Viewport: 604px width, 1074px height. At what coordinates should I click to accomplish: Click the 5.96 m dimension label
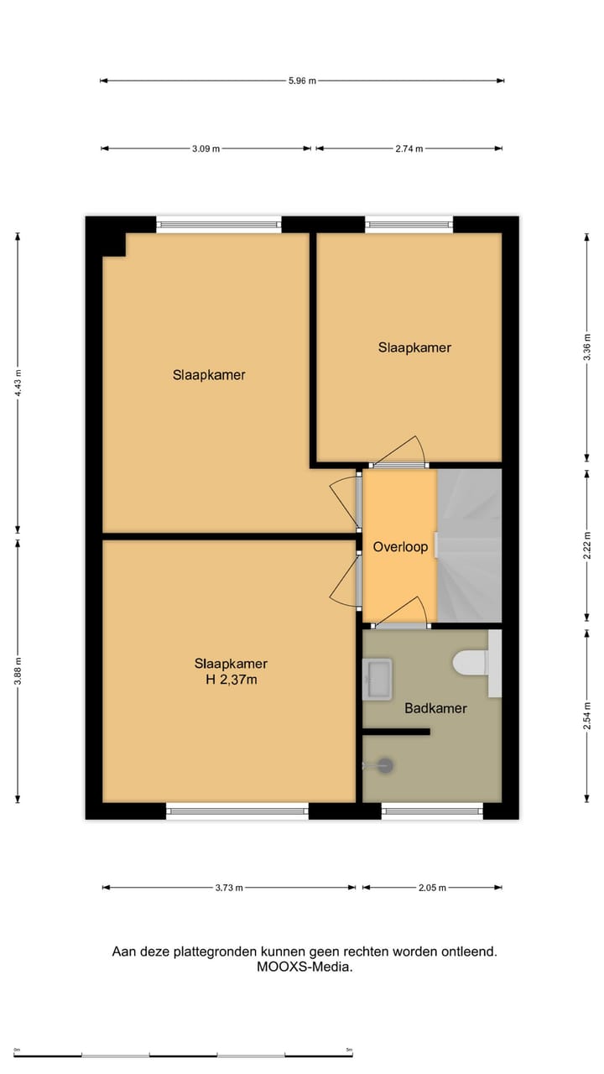pos(302,81)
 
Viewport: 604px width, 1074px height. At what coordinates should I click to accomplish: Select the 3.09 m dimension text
pos(206,149)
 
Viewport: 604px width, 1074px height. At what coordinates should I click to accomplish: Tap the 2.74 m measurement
pos(409,149)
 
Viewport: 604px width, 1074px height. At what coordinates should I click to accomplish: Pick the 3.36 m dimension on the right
pos(587,347)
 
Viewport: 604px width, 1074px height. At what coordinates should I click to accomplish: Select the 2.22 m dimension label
pos(587,545)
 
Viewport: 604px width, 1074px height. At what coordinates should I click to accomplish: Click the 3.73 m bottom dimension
pos(228,888)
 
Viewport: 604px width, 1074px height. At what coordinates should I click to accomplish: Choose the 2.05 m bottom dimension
pos(432,888)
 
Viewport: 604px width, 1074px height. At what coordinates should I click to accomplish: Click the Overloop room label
pos(400,547)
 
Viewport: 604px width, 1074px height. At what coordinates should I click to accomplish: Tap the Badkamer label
pos(435,708)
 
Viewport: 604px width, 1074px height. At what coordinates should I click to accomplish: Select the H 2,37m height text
pos(231,680)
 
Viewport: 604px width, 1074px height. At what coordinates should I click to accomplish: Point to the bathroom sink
pos(377,678)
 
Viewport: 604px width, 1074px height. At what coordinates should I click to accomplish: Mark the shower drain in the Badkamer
pos(385,764)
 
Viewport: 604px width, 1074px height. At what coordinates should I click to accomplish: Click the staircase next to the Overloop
pos(470,545)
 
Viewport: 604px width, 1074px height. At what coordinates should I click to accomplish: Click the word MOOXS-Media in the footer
pos(305,967)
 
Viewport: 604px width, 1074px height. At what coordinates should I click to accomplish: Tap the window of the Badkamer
pos(432,811)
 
